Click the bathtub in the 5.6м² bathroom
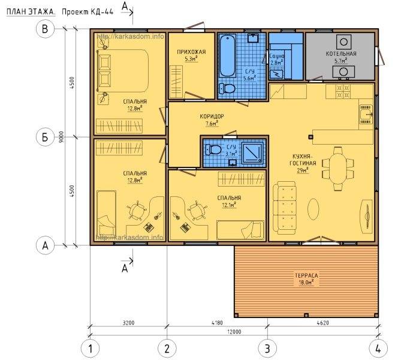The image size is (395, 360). [227, 56]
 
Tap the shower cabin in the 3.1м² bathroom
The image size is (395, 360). [253, 152]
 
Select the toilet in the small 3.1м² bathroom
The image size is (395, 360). [213, 150]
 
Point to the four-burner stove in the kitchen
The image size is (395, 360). [343, 91]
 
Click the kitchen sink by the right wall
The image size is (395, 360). [366, 114]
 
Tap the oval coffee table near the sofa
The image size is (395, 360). [313, 209]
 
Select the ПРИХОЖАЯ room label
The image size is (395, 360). [191, 52]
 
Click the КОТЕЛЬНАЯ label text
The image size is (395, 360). [341, 53]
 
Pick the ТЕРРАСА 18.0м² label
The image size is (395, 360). [306, 279]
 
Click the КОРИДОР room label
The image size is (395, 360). [212, 116]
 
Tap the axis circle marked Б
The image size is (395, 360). [46, 137]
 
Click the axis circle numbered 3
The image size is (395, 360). [267, 349]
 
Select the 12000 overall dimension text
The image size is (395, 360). [234, 332]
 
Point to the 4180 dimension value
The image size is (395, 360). [217, 323]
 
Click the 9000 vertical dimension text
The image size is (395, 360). [62, 137]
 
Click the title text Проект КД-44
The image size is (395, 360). [88, 12]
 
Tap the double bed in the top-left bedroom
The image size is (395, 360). [123, 71]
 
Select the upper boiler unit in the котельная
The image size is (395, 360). [343, 42]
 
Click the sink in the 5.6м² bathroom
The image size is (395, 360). [252, 38]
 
